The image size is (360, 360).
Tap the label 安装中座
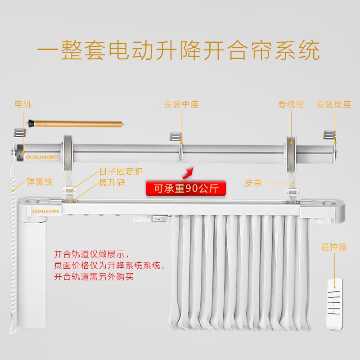tap(181, 104)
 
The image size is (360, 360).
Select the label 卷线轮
tap(291, 104)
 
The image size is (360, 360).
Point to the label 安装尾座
tap(333, 104)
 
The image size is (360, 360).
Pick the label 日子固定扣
tap(121, 171)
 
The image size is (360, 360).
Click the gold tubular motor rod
tap(76, 122)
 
